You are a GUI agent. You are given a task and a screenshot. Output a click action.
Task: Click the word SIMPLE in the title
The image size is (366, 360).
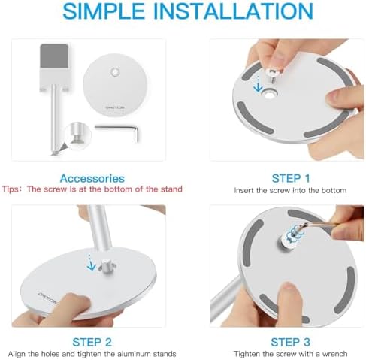[104, 11]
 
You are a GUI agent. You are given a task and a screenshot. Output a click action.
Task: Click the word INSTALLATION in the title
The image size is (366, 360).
[233, 11]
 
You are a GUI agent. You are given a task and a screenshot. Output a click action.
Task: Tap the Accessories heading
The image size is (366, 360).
[92, 179]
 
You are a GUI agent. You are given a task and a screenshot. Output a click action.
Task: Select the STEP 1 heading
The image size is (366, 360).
[291, 179]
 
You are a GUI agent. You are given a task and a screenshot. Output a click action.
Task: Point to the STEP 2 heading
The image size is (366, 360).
[92, 342]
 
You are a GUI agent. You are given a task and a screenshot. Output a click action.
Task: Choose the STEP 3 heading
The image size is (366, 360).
[290, 342]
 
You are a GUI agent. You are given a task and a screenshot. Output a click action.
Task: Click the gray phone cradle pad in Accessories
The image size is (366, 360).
[54, 56]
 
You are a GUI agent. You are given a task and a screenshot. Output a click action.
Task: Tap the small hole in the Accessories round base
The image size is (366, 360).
[115, 72]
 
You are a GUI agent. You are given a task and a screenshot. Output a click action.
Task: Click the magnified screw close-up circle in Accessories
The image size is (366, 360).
[78, 136]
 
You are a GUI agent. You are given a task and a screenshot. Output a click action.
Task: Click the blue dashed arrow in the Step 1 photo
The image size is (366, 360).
[258, 84]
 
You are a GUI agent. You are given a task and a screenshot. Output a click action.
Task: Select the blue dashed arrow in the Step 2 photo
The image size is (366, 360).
[91, 262]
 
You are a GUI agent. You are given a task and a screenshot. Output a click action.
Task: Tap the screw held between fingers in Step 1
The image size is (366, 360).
[274, 76]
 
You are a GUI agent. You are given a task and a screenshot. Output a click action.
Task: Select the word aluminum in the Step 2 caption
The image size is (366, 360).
[133, 354]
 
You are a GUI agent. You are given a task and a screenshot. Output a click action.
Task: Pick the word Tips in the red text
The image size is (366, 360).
[11, 189]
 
